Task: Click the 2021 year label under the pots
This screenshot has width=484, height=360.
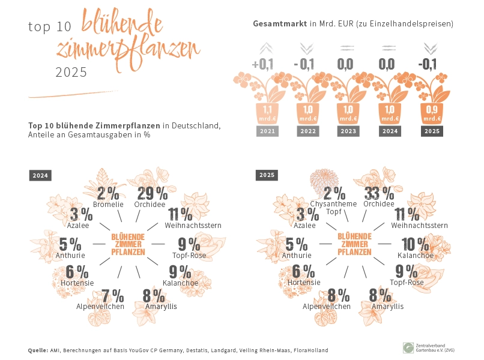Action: pos(267,131)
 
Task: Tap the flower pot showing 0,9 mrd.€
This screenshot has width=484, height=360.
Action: pos(432,114)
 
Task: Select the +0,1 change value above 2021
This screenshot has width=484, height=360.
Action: pos(262,64)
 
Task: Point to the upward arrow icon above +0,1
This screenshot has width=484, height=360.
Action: pos(266,48)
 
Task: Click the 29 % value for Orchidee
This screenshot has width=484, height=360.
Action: pos(153,194)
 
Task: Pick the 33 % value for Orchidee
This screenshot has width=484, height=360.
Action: pos(380,193)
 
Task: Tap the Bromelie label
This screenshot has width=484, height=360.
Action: pos(108,205)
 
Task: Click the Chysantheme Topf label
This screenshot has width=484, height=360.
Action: pos(334,208)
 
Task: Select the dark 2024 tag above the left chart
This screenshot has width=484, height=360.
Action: pos(40,176)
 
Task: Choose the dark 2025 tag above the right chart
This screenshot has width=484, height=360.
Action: pos(267,175)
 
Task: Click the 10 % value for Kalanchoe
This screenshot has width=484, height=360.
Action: pos(415,244)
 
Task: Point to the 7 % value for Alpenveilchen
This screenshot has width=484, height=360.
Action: pos(113,296)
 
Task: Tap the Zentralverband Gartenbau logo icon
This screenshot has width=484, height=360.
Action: pos(408,347)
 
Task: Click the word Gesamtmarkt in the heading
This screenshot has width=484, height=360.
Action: pos(280,24)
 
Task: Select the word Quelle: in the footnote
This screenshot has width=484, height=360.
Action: pos(38,350)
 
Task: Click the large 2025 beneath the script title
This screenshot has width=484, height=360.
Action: pos(71,72)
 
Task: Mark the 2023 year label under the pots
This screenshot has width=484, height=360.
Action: pos(348,131)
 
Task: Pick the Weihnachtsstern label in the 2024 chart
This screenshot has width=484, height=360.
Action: pos(193,226)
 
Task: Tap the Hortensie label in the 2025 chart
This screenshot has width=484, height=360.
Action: pos(304,282)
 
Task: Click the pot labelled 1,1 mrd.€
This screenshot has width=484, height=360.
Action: pos(267,114)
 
